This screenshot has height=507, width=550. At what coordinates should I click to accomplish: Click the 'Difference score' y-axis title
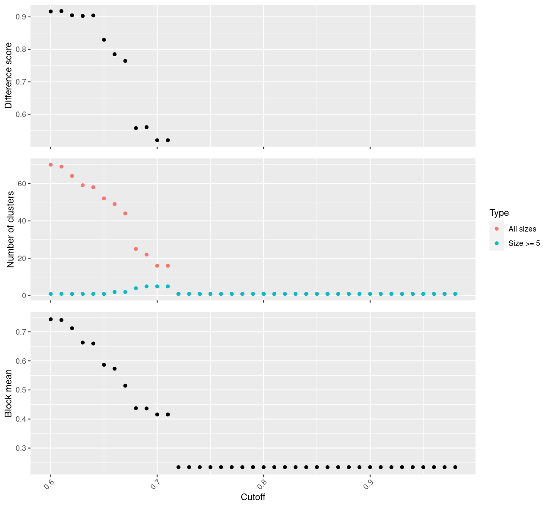tap(8, 75)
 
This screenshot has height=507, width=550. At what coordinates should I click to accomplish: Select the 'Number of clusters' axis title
tap(11, 229)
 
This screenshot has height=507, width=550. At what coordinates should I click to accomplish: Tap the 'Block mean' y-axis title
tap(8, 393)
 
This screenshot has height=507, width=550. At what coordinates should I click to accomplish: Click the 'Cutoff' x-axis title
tap(253, 497)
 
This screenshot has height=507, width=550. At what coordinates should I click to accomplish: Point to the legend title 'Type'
tap(499, 213)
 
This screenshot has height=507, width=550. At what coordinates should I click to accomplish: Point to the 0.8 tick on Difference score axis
tap(21, 49)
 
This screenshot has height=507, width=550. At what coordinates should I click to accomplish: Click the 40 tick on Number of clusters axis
tap(22, 221)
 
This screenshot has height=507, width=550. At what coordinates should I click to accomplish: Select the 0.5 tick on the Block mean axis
tap(21, 390)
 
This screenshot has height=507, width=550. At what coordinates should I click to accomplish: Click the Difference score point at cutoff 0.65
tap(104, 40)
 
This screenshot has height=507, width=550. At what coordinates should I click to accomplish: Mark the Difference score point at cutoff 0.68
tap(136, 128)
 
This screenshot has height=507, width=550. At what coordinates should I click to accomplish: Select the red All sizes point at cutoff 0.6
tap(51, 165)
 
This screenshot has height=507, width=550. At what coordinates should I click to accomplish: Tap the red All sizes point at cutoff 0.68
tap(136, 249)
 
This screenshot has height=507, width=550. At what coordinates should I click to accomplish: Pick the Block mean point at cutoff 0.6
tap(51, 319)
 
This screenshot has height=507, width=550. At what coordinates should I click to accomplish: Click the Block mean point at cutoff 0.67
tap(125, 386)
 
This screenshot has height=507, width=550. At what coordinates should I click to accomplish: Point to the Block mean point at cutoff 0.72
tap(179, 467)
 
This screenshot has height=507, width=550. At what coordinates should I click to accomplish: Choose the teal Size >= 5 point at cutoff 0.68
tap(136, 288)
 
